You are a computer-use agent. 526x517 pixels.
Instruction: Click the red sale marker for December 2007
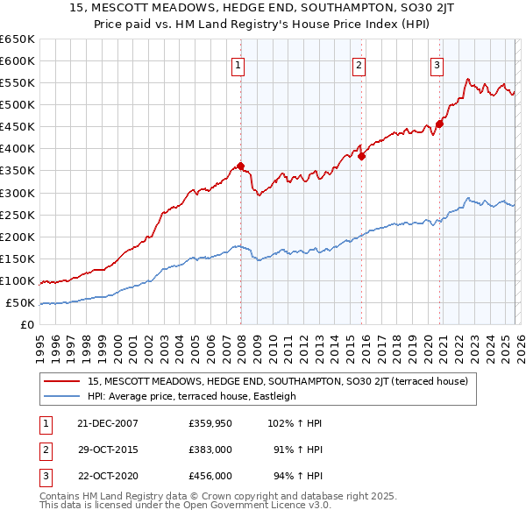(240, 166)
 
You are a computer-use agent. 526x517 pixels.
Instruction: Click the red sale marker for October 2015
(361, 156)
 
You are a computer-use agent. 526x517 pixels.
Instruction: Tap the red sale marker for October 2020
(439, 124)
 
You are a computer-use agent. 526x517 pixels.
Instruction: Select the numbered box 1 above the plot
(238, 64)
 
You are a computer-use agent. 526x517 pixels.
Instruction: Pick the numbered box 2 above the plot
(359, 64)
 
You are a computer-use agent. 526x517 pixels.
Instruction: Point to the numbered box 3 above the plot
(437, 64)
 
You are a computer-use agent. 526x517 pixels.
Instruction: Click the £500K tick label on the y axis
(18, 105)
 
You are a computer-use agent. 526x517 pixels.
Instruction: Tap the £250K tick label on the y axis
(18, 215)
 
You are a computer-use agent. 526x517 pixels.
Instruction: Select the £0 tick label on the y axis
(26, 325)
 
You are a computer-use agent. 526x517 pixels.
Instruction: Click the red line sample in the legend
(62, 381)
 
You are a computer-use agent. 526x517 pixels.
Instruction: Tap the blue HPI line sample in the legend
(62, 396)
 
